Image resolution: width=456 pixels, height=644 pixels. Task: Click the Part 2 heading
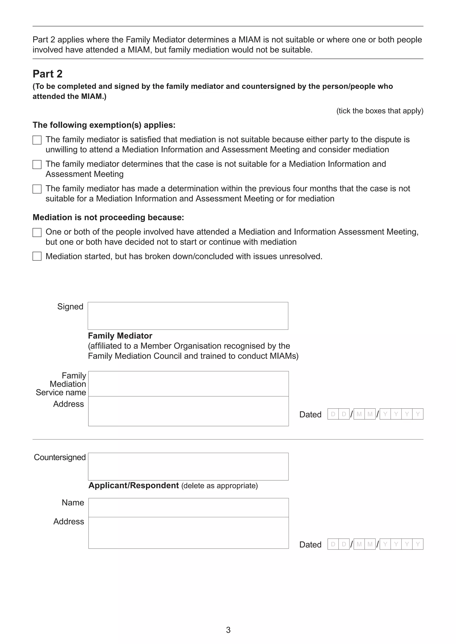(47, 74)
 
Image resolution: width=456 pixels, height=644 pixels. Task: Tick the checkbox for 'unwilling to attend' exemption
(37, 140)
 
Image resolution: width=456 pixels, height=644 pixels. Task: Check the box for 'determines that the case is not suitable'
(37, 164)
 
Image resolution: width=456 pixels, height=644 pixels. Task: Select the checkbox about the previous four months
(37, 189)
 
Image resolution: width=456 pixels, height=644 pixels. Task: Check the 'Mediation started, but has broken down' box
(37, 256)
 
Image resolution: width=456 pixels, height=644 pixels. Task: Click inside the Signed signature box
(188, 316)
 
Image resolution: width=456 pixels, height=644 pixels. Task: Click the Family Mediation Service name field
(188, 384)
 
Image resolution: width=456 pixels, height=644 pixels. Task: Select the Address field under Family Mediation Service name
(188, 411)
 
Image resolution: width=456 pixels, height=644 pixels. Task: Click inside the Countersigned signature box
(188, 467)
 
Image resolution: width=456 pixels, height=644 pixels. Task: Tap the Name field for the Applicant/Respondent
(188, 507)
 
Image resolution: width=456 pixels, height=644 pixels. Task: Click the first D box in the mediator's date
(333, 414)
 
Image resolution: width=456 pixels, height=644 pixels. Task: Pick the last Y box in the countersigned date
(417, 544)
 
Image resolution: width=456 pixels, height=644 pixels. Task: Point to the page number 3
(228, 630)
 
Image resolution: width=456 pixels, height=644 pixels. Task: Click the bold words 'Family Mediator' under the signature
(120, 336)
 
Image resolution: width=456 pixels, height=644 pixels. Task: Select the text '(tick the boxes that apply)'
(380, 111)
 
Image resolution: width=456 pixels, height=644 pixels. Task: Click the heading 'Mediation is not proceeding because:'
(108, 217)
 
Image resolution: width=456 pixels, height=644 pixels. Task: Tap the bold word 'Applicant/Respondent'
(134, 485)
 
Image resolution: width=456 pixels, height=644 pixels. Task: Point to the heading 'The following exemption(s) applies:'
(104, 125)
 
